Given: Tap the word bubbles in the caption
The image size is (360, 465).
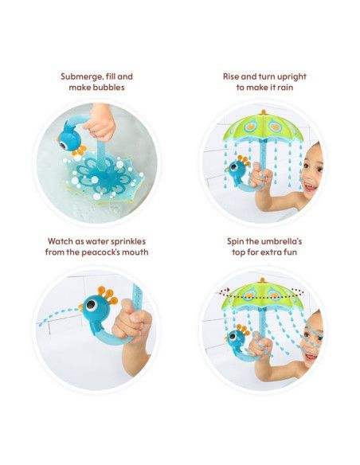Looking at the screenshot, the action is (x=108, y=88).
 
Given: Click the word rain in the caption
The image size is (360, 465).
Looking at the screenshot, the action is (x=285, y=88).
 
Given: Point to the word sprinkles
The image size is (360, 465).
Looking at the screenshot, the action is (x=127, y=242).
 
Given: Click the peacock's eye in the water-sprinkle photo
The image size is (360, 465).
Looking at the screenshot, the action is (x=91, y=305).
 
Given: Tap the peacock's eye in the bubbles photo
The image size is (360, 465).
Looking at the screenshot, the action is (x=63, y=145).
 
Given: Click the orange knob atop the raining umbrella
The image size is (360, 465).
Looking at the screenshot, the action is (x=263, y=112).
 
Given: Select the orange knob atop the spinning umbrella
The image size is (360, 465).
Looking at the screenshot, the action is (x=263, y=280).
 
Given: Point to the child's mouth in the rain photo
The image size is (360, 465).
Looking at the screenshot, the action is (x=310, y=187).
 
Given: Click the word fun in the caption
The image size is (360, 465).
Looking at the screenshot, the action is (x=290, y=252).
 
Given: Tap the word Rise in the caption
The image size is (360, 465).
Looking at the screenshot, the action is (x=231, y=76).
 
